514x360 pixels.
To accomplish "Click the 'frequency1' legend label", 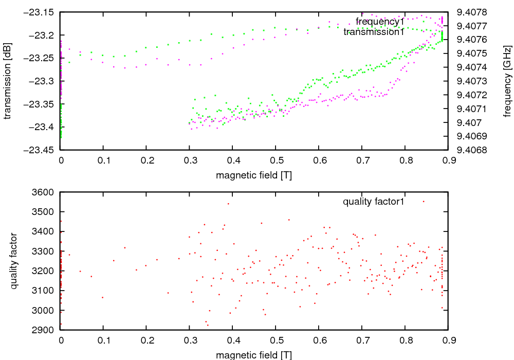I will [380, 22].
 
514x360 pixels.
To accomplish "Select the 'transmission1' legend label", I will [374, 32].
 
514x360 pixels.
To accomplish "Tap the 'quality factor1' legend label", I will [374, 202].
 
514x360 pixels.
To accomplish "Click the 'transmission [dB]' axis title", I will [7, 81].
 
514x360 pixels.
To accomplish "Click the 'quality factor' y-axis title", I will [14, 261].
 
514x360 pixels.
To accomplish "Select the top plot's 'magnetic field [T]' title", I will [254, 175].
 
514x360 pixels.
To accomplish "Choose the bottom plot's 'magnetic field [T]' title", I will [254, 355].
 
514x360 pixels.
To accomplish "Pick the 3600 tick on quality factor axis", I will [45, 192].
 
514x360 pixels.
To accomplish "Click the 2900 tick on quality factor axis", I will [45, 330].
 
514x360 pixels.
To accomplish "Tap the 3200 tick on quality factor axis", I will [45, 271].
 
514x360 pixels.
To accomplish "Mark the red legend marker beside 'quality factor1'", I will [424, 202].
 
